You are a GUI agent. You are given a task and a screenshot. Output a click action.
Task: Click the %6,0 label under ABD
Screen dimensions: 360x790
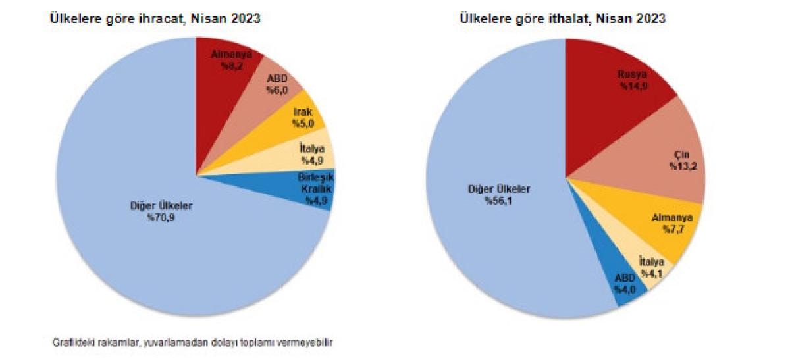coord(277,90)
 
